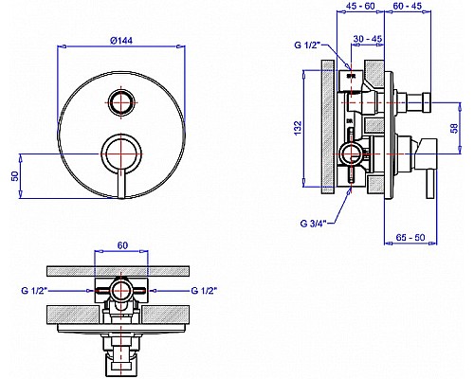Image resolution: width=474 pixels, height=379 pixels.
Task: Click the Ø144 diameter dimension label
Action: click(121, 41)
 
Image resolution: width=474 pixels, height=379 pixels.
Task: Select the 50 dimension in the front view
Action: click(15, 176)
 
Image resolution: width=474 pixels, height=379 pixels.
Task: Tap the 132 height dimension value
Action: click(298, 128)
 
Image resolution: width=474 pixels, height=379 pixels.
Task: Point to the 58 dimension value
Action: click(454, 128)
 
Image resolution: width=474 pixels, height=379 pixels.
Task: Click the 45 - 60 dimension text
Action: click(360, 6)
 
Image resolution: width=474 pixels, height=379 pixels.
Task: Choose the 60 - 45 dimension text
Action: click(408, 6)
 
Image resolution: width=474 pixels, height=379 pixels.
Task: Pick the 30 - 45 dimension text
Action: click(368, 39)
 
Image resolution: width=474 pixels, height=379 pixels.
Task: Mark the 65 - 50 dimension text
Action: click(410, 237)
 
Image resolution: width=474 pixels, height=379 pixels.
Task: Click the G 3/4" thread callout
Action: click(313, 224)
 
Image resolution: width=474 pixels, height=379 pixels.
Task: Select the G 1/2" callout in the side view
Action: click(307, 45)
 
